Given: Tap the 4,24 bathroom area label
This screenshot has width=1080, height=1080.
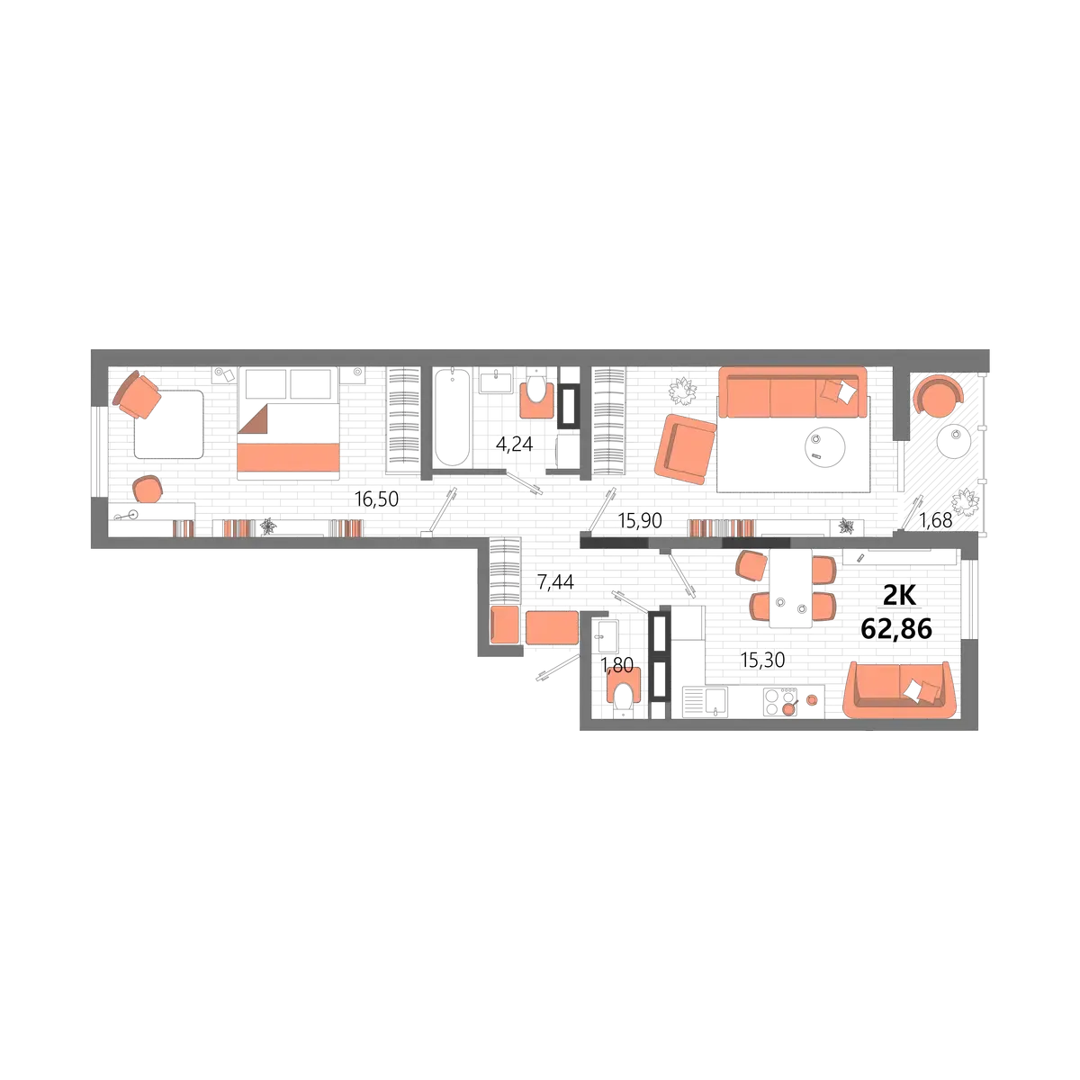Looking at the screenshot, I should [509, 444].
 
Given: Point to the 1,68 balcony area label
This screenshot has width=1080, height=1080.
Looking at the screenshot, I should [935, 517].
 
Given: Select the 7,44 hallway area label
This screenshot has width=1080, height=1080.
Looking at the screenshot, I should [555, 583].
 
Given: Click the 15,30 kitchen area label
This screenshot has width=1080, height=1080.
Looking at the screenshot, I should [763, 660].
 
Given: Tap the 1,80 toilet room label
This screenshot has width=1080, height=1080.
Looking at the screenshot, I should [617, 665].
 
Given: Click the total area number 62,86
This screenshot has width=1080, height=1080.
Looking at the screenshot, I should [896, 629].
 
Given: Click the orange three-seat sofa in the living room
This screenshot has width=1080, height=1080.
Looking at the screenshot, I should [791, 391].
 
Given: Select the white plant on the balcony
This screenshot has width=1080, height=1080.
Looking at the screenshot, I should [967, 500].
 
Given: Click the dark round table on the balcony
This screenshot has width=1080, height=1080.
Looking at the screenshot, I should [952, 441].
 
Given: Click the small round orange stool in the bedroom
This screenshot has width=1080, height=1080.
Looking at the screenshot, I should [147, 490].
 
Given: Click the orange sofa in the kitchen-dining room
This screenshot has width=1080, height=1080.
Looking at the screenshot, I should [898, 689].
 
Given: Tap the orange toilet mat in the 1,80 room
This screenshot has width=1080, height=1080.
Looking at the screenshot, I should [624, 691].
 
